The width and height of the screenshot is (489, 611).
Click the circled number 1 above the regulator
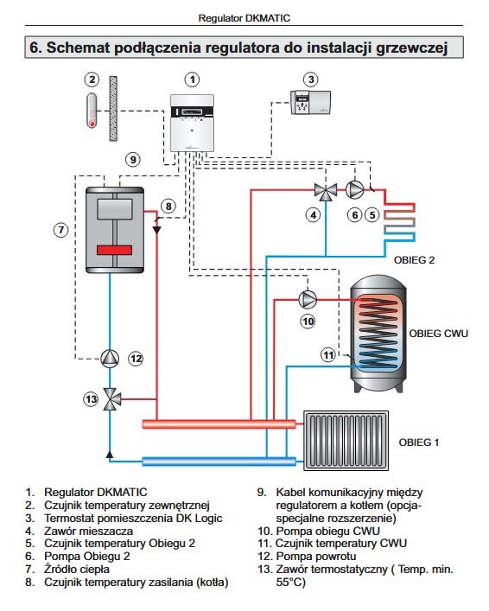click(192, 80)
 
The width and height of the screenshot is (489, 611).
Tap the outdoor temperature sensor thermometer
click(92, 111)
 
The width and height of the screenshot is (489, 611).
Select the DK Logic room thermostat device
click(311, 103)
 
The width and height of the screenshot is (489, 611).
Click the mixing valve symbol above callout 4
click(326, 191)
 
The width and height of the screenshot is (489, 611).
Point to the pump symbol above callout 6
click(355, 190)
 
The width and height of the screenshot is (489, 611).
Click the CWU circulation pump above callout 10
click(308, 299)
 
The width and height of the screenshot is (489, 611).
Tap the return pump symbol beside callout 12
click(110, 359)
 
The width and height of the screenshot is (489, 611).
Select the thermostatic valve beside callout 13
click(111, 398)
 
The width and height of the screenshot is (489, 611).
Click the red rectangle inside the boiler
click(115, 250)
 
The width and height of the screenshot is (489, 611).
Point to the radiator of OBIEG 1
click(346, 441)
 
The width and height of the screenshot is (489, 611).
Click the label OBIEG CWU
click(438, 334)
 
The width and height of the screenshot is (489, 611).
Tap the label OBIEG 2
click(414, 260)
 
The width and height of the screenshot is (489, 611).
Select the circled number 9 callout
click(133, 159)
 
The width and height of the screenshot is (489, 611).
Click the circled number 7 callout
click(61, 230)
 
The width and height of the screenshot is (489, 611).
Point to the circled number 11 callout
click(328, 355)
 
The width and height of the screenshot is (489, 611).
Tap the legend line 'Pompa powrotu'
click(316, 556)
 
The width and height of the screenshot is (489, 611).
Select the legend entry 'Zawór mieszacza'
click(88, 531)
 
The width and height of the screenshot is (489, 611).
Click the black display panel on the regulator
click(193, 112)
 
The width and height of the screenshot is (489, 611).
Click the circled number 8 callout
click(168, 207)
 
